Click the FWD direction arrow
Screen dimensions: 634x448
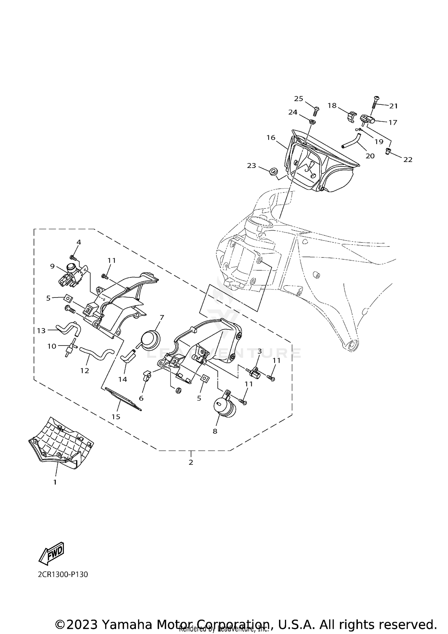(51, 553)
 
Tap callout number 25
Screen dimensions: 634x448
(298, 99)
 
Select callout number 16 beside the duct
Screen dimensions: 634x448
(271, 138)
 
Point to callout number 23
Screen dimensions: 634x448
(251, 165)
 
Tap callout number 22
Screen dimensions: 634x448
(408, 160)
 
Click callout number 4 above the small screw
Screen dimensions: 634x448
(79, 242)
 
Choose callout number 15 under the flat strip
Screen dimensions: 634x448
(116, 417)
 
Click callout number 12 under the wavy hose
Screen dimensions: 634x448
(85, 371)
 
